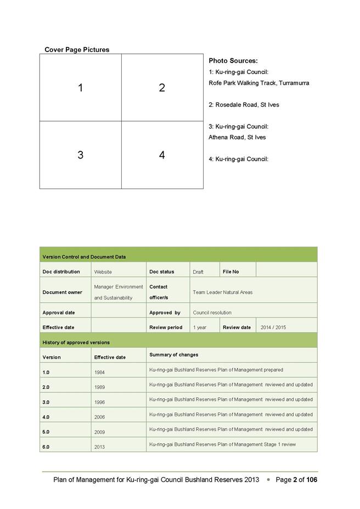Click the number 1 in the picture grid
pyautogui.click(x=80, y=88)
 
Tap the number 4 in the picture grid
pyautogui.click(x=162, y=155)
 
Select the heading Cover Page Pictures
pyautogui.click(x=77, y=49)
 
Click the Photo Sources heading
pyautogui.click(x=233, y=61)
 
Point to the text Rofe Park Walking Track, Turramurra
pyautogui.click(x=259, y=83)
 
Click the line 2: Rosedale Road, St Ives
pyautogui.click(x=244, y=104)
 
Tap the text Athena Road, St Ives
pyautogui.click(x=237, y=137)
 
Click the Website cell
pyautogui.click(x=103, y=272)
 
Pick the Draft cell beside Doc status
pyautogui.click(x=198, y=272)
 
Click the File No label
pyautogui.click(x=231, y=272)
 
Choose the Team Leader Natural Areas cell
pyautogui.click(x=223, y=292)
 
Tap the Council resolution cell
pyautogui.click(x=212, y=313)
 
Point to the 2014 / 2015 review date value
pyautogui.click(x=273, y=327)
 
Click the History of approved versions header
pyautogui.click(x=76, y=342)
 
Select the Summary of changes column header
pyautogui.click(x=174, y=355)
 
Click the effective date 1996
pyautogui.click(x=99, y=402)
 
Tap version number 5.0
pyautogui.click(x=46, y=432)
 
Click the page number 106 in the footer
pyautogui.click(x=312, y=480)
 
